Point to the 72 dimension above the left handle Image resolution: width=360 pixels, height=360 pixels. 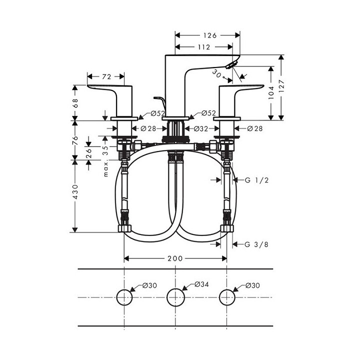pyautogui.click(x=106, y=76)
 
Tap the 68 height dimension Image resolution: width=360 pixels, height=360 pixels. pyautogui.click(x=75, y=103)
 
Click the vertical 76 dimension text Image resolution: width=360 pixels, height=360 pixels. pyautogui.click(x=75, y=140)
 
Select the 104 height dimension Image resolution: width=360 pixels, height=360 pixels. pyautogui.click(x=270, y=90)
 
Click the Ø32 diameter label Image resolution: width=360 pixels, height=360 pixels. pyautogui.click(x=201, y=128)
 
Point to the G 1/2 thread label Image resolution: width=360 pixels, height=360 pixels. pyautogui.click(x=256, y=180)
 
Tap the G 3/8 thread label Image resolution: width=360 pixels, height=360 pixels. pyautogui.click(x=256, y=244)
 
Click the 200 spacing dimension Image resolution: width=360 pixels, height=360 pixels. pyautogui.click(x=175, y=258)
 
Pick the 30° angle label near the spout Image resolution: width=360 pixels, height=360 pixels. pyautogui.click(x=218, y=73)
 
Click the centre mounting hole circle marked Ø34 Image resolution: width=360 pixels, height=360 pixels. pyautogui.click(x=175, y=297)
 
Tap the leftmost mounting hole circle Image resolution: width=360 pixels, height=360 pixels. pyautogui.click(x=124, y=297)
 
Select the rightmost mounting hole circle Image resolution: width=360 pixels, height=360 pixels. pyautogui.click(x=227, y=297)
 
